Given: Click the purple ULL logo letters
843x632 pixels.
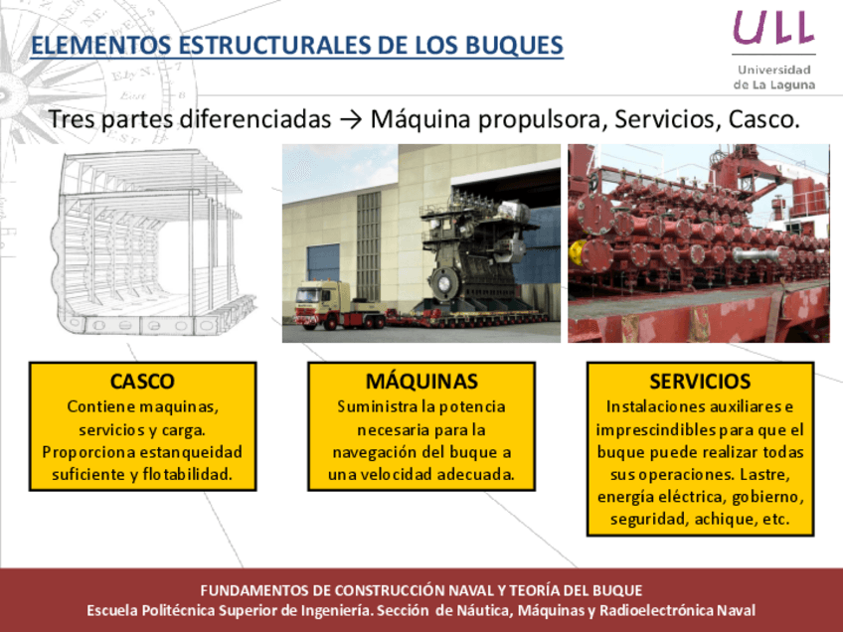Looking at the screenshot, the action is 773,27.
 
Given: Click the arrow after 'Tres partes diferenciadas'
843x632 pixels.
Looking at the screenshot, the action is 351,119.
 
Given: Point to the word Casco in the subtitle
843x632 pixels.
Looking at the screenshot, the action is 763,119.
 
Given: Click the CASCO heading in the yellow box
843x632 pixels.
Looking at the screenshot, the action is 142,381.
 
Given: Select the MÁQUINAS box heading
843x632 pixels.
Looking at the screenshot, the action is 421,381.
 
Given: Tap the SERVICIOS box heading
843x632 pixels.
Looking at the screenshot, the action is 700,381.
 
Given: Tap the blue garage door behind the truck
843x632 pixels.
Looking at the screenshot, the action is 323,262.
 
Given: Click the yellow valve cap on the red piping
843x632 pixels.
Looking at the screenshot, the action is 577,252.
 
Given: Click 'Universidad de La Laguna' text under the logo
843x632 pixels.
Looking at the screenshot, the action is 774,78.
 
